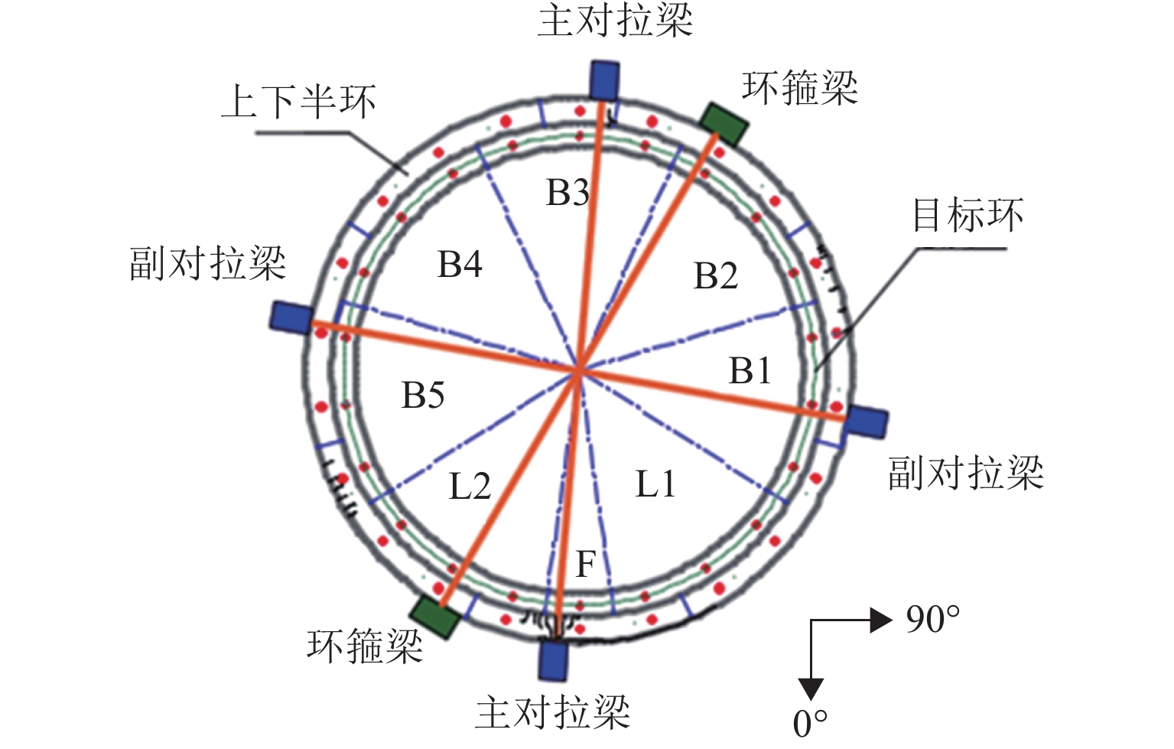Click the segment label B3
coord(567,194)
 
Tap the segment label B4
coord(460,265)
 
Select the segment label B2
coord(716,276)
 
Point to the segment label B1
coord(750,371)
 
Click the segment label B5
coord(423,396)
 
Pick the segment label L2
coord(470,487)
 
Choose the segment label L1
coord(655,484)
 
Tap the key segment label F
coord(586,565)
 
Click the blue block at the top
coord(604,80)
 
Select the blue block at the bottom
coord(553,660)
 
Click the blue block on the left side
coord(291,316)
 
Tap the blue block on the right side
coord(866,422)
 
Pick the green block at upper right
coord(724,124)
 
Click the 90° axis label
coord(932,620)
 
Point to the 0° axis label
coord(810,724)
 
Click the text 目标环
coord(967,215)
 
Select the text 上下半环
coord(299,102)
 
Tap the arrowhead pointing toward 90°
coord(882,620)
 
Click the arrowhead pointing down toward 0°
coord(811,689)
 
